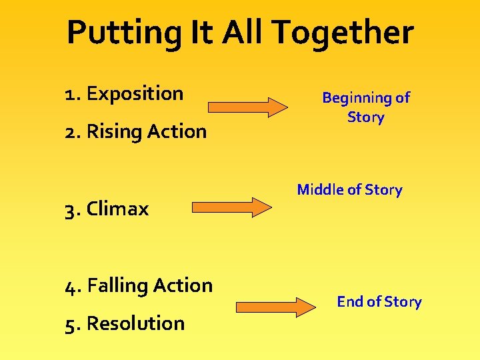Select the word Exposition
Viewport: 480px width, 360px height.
click(x=135, y=93)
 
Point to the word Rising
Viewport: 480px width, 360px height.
click(x=114, y=131)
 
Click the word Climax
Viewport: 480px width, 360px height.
click(x=117, y=209)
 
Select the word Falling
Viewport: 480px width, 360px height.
click(x=117, y=285)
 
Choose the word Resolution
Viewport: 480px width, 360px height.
click(x=135, y=323)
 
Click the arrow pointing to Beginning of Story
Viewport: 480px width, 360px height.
click(x=247, y=107)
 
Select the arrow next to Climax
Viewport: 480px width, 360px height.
click(x=231, y=207)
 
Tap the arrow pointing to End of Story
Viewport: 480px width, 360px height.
click(x=275, y=307)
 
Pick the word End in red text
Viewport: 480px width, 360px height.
click(x=349, y=302)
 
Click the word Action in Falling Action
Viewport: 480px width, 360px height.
click(x=182, y=285)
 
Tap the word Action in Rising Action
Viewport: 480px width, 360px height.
click(x=177, y=131)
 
